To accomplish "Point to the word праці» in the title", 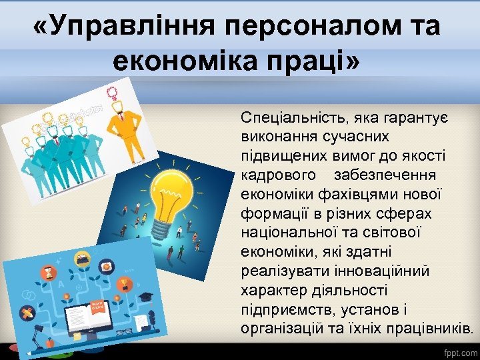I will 325,61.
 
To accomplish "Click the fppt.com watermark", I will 460,351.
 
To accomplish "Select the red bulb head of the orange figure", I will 113,92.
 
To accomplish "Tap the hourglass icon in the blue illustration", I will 48,272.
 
